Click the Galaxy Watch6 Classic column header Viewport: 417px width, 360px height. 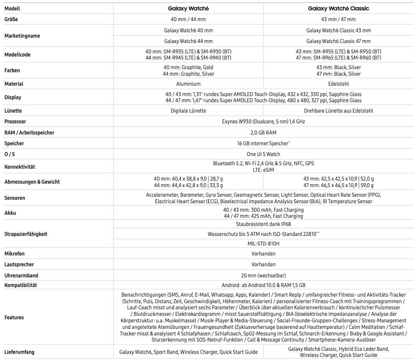(338, 8)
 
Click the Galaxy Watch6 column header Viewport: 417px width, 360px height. (188, 8)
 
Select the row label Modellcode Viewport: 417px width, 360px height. (17, 55)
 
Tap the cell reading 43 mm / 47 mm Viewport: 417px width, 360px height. (338, 19)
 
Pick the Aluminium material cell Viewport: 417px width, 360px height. (188, 84)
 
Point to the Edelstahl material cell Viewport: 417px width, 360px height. (338, 84)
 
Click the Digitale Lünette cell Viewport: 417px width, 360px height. (188, 111)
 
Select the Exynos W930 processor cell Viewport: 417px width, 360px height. (263, 121)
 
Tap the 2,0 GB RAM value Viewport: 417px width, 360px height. (263, 133)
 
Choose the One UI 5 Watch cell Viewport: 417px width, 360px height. (263, 154)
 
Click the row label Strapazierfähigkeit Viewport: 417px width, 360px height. (26, 234)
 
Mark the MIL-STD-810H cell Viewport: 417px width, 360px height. (263, 244)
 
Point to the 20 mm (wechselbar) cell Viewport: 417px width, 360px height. (263, 275)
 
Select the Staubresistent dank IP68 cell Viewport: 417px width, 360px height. (263, 224)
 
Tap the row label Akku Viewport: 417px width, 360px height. (10, 213)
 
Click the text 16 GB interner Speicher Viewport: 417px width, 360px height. (263, 143)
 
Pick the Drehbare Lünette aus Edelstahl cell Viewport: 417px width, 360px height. (338, 111)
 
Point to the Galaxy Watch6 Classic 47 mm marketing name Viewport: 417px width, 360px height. (338, 41)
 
